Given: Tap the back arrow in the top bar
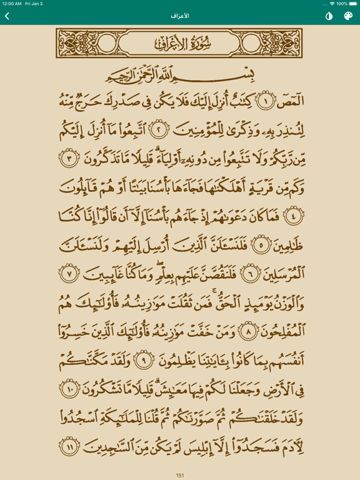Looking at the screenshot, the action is pos(7,16).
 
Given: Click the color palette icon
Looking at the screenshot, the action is pos(348,16).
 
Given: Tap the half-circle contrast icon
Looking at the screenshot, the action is pos(329,16).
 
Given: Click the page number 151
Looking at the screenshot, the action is pos(180,475).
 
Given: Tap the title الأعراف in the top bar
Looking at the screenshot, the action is pos(180,16).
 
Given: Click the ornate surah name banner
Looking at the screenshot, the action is pos(180,44).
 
